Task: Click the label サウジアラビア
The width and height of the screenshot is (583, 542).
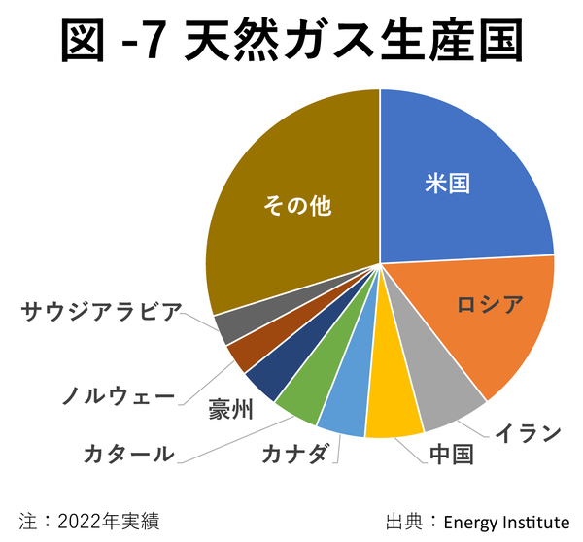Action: click(x=101, y=312)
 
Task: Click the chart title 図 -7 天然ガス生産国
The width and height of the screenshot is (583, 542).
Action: click(x=291, y=41)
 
